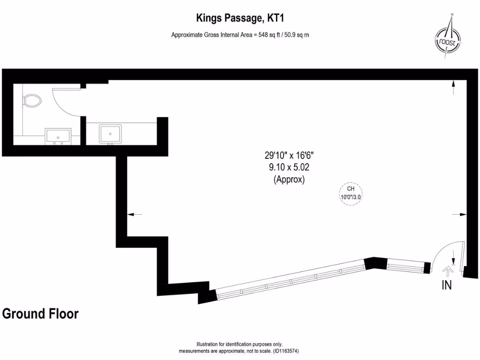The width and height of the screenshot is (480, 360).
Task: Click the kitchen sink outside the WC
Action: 110,134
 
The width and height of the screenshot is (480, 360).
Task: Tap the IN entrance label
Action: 446,285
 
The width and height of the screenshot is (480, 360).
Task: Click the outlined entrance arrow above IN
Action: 447,270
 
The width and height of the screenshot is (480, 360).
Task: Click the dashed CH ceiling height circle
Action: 351,193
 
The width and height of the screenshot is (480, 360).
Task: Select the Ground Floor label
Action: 40,314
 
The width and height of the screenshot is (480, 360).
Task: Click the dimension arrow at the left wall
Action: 135,214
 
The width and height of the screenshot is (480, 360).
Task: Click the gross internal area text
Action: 240,34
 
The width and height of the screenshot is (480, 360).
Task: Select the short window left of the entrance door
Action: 405,267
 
